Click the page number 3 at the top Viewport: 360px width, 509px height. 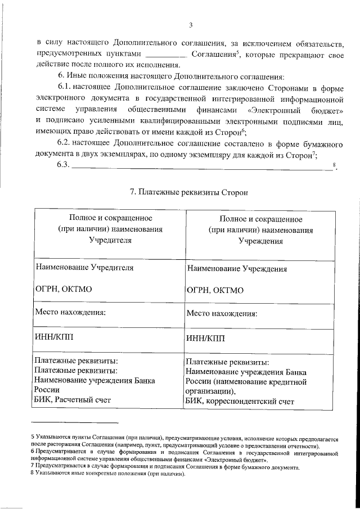[191, 25]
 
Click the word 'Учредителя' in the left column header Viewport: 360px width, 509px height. [110, 240]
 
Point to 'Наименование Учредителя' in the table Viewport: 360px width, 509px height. [84, 268]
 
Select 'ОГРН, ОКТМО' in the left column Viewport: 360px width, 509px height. [63, 290]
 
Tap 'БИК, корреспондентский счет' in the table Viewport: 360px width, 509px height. [240, 402]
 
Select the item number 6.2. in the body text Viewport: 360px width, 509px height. [67, 145]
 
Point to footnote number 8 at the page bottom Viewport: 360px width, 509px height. [33, 474]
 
